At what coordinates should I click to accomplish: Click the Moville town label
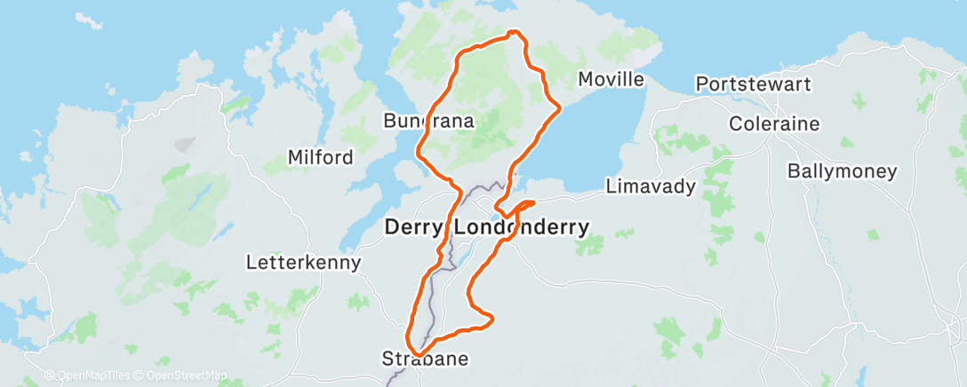[x=611, y=80]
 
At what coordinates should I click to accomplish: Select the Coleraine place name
[x=773, y=123]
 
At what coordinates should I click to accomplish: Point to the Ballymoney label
[x=843, y=171]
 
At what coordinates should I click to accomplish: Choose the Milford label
[x=320, y=158]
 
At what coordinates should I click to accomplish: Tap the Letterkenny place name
[x=304, y=263]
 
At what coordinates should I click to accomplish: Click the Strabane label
[x=424, y=359]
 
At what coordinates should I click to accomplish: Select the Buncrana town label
[x=428, y=120]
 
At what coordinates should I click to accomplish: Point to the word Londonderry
[x=522, y=228]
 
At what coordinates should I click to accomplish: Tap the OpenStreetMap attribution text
[x=182, y=375]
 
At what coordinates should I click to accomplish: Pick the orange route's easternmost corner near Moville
[x=560, y=108]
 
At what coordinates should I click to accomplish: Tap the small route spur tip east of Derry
[x=532, y=204]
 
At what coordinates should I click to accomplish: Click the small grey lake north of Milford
[x=186, y=143]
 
